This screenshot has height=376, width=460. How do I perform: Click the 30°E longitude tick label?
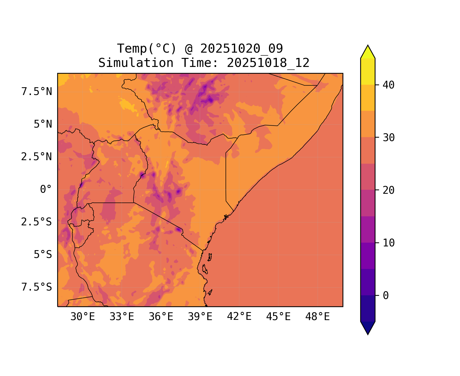coord(83,317)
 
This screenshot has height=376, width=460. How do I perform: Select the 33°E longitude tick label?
coord(122,317)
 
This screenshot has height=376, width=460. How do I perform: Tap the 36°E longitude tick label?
coord(161,317)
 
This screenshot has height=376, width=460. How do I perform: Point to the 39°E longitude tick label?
coord(200,317)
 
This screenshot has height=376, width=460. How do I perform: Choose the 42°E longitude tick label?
coord(239,317)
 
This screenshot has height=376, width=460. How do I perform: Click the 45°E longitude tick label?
coord(278,317)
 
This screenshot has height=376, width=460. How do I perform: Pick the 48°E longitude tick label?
coord(317,317)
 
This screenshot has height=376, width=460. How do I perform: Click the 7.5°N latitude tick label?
coord(37,92)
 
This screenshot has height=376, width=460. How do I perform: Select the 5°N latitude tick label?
coord(43,124)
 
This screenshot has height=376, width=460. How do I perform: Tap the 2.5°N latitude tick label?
coord(37,157)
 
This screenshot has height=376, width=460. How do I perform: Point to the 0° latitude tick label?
coord(46,189)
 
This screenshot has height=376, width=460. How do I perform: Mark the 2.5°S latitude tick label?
coord(37,222)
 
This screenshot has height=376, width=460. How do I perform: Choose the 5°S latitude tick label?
coord(43,254)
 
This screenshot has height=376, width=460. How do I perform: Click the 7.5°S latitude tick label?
coord(37,287)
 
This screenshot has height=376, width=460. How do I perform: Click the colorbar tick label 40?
coord(389,85)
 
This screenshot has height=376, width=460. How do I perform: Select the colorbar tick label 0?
coord(386,296)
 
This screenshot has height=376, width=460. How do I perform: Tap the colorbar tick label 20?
coord(389,190)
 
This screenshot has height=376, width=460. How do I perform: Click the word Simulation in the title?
coord(136,63)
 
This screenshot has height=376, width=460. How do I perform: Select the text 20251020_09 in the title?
coord(241,49)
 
